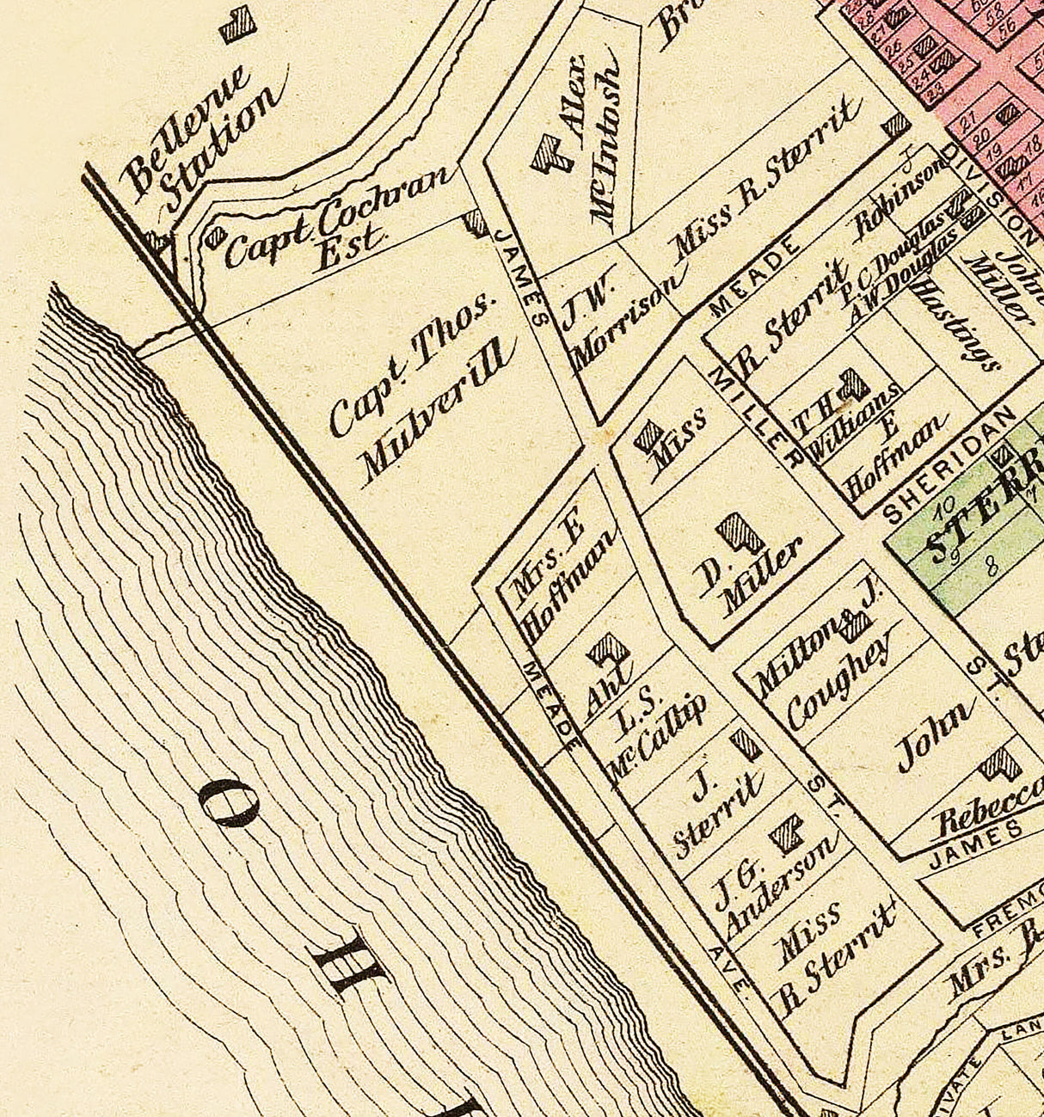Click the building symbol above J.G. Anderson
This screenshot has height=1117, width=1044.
tap(786, 833)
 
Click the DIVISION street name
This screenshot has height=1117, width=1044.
tap(989, 194)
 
